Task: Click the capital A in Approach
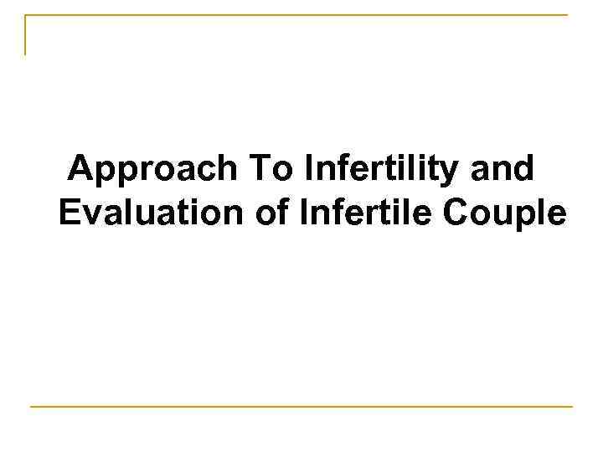81,170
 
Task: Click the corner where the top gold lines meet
26,15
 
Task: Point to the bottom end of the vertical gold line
26,54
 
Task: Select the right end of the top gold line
566,15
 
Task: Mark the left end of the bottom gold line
31,407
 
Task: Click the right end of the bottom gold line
572,407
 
